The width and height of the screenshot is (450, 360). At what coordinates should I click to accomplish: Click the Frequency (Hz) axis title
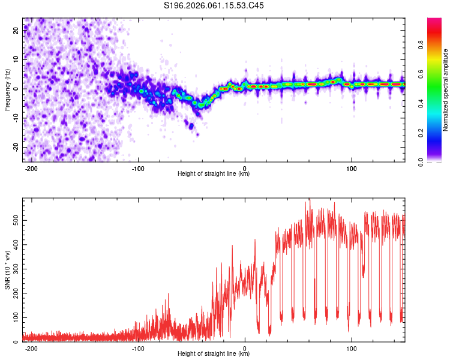pyautogui.click(x=7, y=89)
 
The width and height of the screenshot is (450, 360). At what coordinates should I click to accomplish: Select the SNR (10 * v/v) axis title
pyautogui.click(x=7, y=270)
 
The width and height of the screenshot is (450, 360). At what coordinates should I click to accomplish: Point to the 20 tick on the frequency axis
pyautogui.click(x=16, y=31)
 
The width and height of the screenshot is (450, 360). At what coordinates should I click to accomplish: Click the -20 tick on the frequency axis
pyautogui.click(x=15, y=147)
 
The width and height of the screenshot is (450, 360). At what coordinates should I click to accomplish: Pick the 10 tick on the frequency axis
pyautogui.click(x=16, y=60)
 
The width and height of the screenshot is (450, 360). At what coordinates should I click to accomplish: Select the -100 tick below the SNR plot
pyautogui.click(x=139, y=349)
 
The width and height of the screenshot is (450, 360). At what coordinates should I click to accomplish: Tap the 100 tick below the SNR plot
pyautogui.click(x=352, y=349)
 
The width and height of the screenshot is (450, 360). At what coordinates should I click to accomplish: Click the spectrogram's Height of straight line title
pyautogui.click(x=214, y=174)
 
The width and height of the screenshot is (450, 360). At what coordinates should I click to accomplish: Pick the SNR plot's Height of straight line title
pyautogui.click(x=214, y=354)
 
